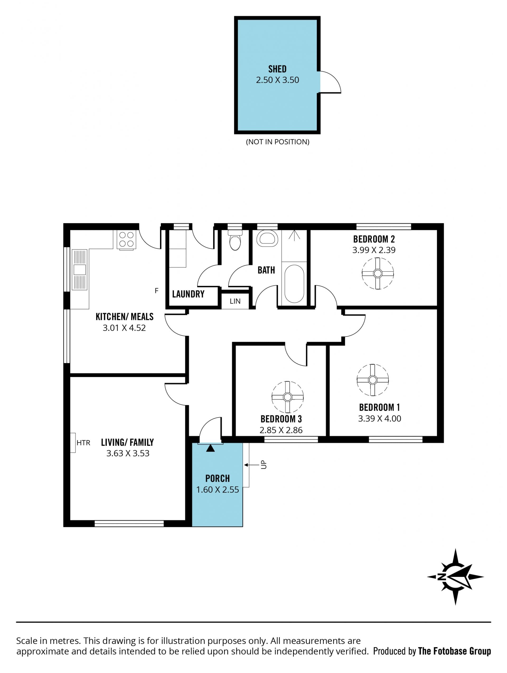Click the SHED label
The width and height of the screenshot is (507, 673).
click(x=277, y=69)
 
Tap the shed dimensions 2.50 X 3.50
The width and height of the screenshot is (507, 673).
click(x=277, y=80)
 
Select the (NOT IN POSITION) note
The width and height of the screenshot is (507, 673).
click(x=278, y=142)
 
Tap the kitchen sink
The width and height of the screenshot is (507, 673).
click(x=80, y=269)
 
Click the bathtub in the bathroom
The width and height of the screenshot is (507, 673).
click(x=294, y=283)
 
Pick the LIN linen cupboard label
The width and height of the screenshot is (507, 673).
click(x=235, y=301)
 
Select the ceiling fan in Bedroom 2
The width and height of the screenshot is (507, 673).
click(x=378, y=273)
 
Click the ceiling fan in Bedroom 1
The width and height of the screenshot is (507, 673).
click(x=373, y=380)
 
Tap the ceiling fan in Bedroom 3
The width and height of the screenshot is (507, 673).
click(x=288, y=397)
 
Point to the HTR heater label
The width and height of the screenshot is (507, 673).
click(x=83, y=443)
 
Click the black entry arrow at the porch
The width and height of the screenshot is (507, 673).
click(x=210, y=448)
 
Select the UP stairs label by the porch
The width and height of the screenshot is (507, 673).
click(x=264, y=465)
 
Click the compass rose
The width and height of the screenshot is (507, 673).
click(x=455, y=577)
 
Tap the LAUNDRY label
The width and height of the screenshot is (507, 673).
click(x=188, y=294)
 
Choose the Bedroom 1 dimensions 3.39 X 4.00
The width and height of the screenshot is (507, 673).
click(x=379, y=419)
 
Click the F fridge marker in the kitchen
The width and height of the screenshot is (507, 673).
click(x=156, y=291)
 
